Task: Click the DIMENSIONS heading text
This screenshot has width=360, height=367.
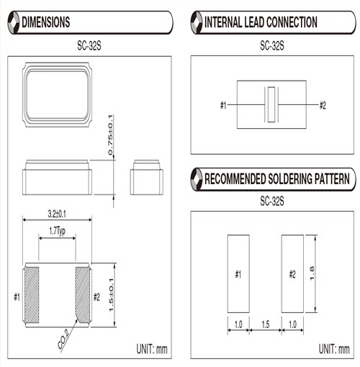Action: coord(46,22)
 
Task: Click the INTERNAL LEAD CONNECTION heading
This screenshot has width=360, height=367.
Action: coord(261,22)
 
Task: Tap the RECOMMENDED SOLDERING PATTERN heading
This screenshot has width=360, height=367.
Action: coord(277,179)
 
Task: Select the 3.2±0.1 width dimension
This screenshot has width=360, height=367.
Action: coord(57,214)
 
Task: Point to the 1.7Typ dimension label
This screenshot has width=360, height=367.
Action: coord(57,231)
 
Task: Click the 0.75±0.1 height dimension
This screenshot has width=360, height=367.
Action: coord(110,135)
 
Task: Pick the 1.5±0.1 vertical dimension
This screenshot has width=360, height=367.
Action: coord(111,295)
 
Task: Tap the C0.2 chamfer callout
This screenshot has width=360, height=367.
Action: coord(63,339)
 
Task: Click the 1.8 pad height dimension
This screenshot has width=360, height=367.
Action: coord(312,273)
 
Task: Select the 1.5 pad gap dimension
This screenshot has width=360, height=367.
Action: coord(266,325)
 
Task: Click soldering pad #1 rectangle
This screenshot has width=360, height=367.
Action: coord(238,273)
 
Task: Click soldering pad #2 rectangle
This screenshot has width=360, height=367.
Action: coord(292,273)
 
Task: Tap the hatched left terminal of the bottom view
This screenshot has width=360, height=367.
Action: coord(32,295)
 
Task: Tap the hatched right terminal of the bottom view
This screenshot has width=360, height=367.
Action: coord(83,295)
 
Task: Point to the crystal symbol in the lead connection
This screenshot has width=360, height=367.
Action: coord(271,104)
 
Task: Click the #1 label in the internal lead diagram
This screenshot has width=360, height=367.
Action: coord(223,105)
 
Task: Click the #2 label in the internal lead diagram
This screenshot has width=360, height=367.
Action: coord(323,105)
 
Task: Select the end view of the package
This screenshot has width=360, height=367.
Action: coord(147,178)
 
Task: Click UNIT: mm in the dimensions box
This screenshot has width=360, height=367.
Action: coord(152,349)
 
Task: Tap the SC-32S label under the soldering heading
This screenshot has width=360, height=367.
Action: coord(272,201)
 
